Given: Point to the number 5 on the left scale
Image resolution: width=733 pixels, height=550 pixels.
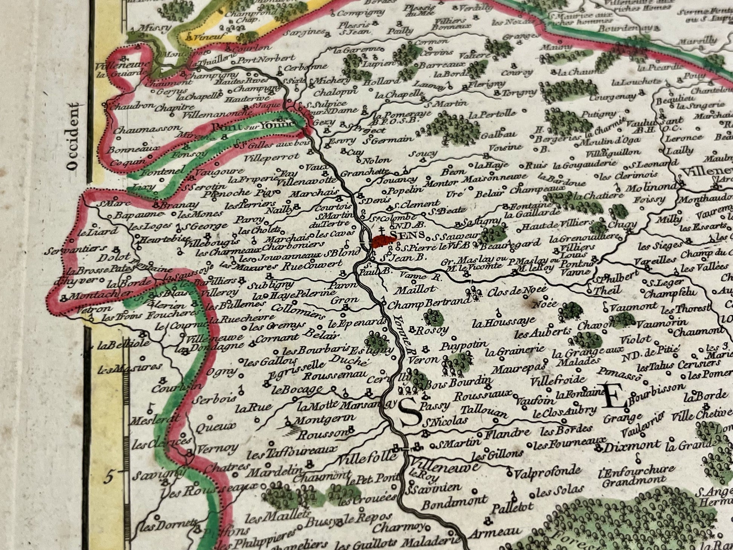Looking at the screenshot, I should pyautogui.click(x=108, y=478).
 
